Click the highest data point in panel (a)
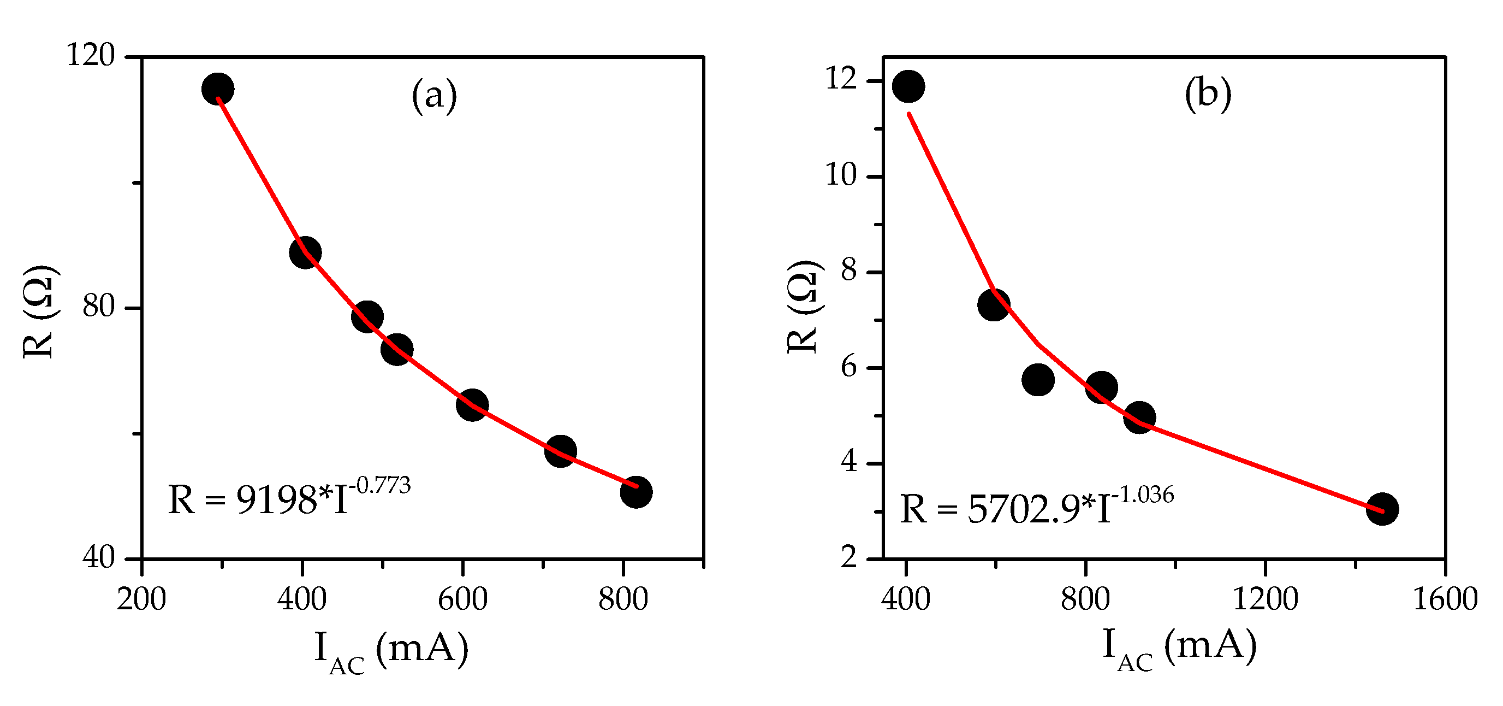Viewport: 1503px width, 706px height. click(218, 89)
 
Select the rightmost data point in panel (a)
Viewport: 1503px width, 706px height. click(636, 492)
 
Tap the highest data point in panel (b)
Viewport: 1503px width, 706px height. click(908, 86)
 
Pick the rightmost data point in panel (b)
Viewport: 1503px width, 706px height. click(1382, 509)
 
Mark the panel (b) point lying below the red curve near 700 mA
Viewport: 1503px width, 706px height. click(1038, 380)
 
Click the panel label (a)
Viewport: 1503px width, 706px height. click(434, 95)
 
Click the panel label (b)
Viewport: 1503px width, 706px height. click(1208, 93)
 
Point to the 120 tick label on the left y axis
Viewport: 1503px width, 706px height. click(91, 56)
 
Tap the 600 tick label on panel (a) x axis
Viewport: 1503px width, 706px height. click(462, 600)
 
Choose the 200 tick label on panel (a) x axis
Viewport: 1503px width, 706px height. click(141, 600)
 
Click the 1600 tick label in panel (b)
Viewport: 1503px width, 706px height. click(1445, 600)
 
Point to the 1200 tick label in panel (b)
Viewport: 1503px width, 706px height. click(1265, 600)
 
